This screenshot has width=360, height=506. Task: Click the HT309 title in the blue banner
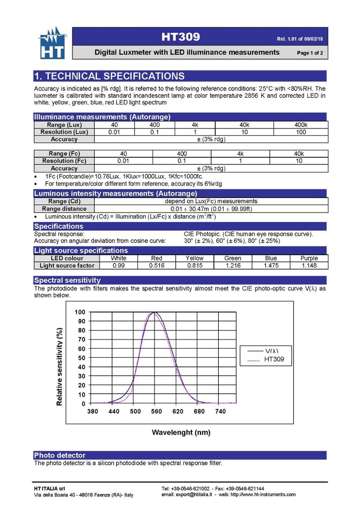coord(181,37)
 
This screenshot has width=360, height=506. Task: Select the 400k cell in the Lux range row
coord(301,125)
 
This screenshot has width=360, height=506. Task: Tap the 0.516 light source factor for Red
coord(157,265)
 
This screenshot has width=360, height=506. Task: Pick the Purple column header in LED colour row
coord(309,258)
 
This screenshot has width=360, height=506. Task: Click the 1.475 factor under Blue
coord(271,265)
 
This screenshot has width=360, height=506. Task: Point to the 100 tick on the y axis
coord(80,312)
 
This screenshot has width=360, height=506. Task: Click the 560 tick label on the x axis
coord(156,412)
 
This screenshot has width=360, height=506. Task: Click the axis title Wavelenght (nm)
coord(181,433)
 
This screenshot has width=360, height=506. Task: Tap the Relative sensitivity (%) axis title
coord(60,366)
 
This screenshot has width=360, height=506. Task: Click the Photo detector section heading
coord(60,455)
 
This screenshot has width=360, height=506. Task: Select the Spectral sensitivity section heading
coord(67,280)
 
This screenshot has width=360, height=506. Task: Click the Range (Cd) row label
coord(64,201)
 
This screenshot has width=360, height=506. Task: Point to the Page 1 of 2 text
coord(310,53)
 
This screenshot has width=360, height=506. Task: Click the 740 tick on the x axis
coord(220,412)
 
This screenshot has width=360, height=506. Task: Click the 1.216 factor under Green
coord(233,265)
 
